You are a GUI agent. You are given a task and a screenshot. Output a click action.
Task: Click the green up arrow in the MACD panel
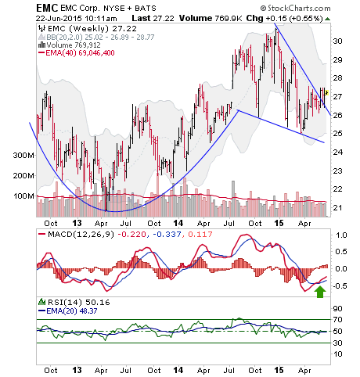tap(320, 292)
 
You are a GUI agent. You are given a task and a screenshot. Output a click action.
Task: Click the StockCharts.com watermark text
tap(296, 9)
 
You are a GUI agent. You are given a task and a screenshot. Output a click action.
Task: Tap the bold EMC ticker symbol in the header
tap(47, 8)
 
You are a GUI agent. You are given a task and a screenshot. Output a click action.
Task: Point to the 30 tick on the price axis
tap(337, 41)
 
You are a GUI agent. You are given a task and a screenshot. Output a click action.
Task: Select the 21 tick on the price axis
tap(337, 208)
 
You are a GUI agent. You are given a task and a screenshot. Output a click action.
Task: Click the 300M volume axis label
tap(23, 156)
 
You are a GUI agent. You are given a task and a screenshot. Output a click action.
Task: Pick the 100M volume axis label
tap(23, 196)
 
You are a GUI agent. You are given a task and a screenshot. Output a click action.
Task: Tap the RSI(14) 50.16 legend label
tap(79, 303)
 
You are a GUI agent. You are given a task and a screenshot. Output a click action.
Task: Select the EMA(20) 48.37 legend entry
tap(72, 311)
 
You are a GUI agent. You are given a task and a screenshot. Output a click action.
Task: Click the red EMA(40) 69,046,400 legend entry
tap(80, 53)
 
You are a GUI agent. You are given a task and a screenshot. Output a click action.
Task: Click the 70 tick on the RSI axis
tap(338, 319)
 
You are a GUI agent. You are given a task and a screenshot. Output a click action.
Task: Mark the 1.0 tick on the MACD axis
tap(341, 235)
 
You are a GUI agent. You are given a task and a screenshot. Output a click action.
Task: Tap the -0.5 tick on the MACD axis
tap(340, 286)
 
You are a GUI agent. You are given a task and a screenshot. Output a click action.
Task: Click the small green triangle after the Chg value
tap(328, 19)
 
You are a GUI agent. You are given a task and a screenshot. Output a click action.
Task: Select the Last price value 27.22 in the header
tap(164, 19)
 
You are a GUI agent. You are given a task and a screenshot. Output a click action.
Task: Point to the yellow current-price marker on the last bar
tap(326, 92)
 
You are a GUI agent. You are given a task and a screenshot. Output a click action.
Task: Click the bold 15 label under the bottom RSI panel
tap(279, 370)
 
